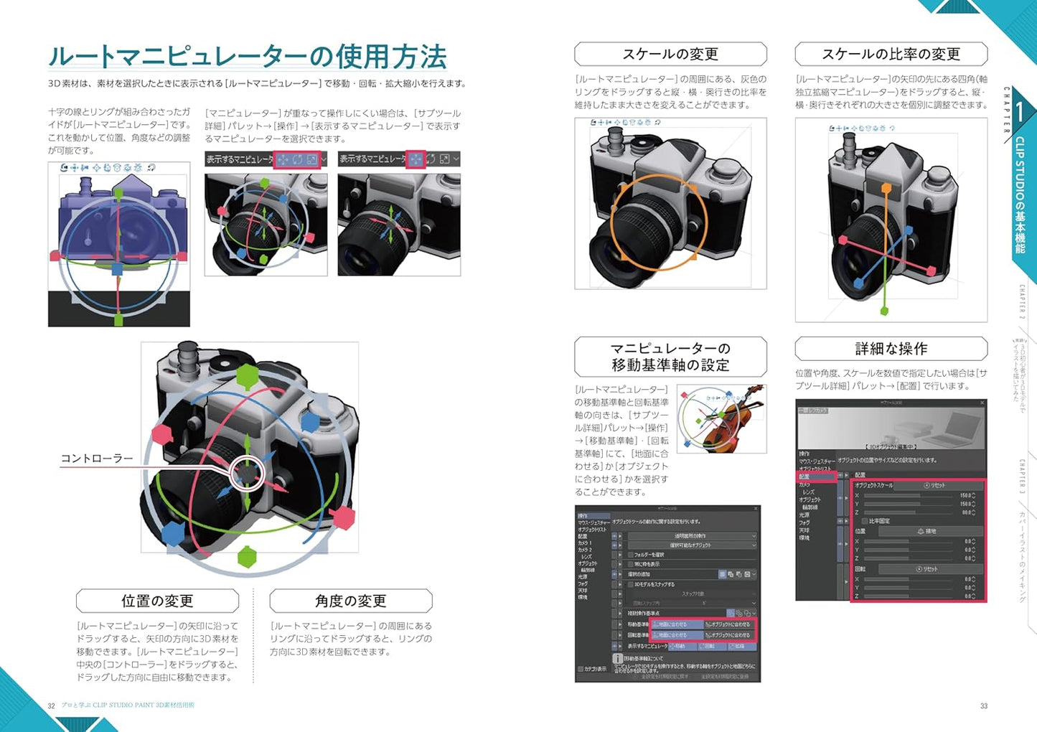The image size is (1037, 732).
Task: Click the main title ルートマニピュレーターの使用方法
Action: [x=247, y=56]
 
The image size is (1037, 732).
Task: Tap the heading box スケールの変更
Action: [x=670, y=54]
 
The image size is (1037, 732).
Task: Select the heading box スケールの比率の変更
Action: [x=891, y=54]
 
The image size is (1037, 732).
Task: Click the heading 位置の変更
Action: [x=157, y=601]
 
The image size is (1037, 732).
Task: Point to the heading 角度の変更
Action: [x=350, y=601]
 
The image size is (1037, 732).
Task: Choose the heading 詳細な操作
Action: [x=891, y=349]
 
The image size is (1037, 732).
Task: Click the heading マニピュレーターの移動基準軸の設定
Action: [x=670, y=357]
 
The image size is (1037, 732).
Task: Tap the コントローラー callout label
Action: [x=97, y=459]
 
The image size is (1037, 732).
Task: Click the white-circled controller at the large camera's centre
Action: [x=247, y=473]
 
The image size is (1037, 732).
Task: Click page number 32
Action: [x=51, y=706]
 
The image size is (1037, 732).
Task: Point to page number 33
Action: [x=984, y=706]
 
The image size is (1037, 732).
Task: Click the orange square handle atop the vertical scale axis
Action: [x=886, y=189]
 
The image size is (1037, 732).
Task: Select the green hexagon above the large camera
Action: [x=247, y=375]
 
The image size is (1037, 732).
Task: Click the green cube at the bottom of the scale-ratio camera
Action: [x=885, y=311]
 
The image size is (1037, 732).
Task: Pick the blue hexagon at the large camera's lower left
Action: [x=173, y=533]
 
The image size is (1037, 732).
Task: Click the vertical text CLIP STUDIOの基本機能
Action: [x=1020, y=194]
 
